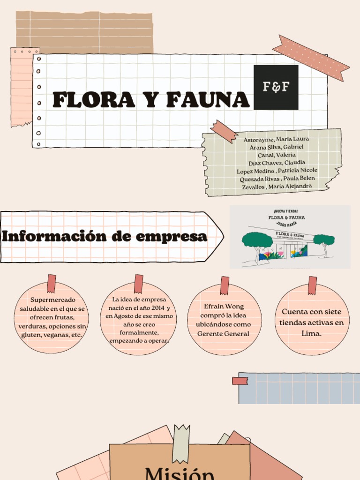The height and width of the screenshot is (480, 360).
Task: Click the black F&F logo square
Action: click(276, 87)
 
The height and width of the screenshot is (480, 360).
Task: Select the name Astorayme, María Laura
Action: click(276, 139)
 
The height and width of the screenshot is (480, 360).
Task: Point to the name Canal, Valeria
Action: click(277, 155)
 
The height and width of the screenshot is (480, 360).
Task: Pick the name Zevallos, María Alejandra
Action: click(277, 187)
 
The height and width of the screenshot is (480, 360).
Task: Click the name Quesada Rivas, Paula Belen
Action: click(277, 179)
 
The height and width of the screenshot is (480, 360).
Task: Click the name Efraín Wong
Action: click(224, 307)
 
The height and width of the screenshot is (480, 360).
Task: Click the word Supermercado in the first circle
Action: click(52, 300)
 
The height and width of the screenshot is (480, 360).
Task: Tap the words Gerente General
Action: click(223, 334)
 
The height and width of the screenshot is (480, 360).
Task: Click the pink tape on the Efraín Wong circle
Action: click(225, 285)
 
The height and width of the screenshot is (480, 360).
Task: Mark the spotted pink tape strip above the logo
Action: click(311, 58)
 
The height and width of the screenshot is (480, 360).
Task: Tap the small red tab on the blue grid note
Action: click(240, 381)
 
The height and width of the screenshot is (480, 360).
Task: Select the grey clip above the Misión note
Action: click(181, 443)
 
